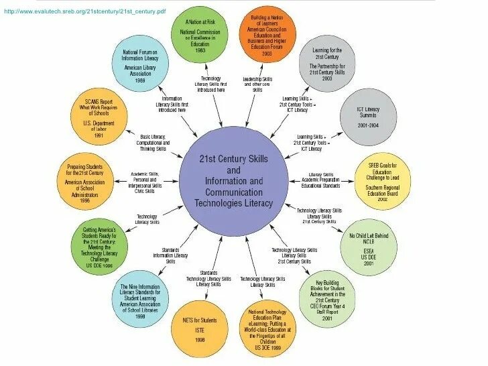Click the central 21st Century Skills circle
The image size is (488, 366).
[233, 182]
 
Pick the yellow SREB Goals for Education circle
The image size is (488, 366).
[383, 180]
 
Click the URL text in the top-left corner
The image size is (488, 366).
[84, 12]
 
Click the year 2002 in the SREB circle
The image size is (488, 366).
[383, 199]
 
